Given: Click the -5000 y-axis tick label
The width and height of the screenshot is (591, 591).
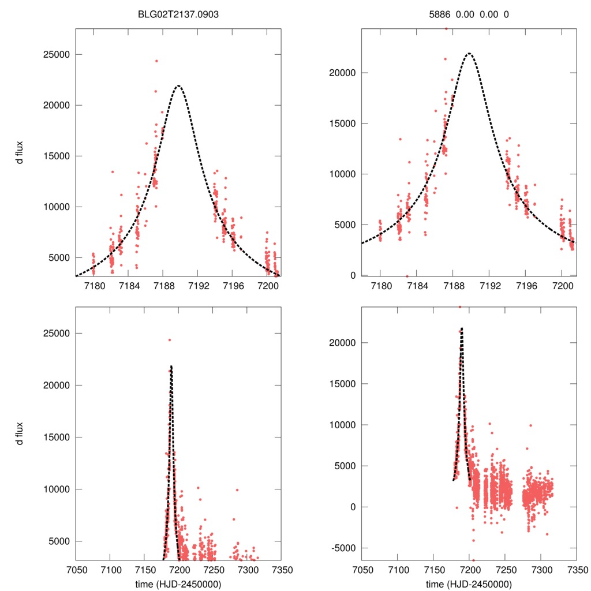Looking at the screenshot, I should tap(342, 548).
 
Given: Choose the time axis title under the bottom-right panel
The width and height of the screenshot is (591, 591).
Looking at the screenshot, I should tap(469, 584).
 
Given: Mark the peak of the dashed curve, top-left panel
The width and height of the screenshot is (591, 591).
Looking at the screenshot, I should tap(178, 86).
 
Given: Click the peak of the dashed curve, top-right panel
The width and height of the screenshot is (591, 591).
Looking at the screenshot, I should tap(469, 53).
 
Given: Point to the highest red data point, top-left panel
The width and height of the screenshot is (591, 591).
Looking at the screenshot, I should tap(156, 61).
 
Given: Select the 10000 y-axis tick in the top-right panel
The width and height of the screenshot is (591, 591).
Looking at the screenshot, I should tap(342, 174).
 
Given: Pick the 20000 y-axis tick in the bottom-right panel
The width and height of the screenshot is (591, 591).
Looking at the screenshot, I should tap(342, 343).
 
